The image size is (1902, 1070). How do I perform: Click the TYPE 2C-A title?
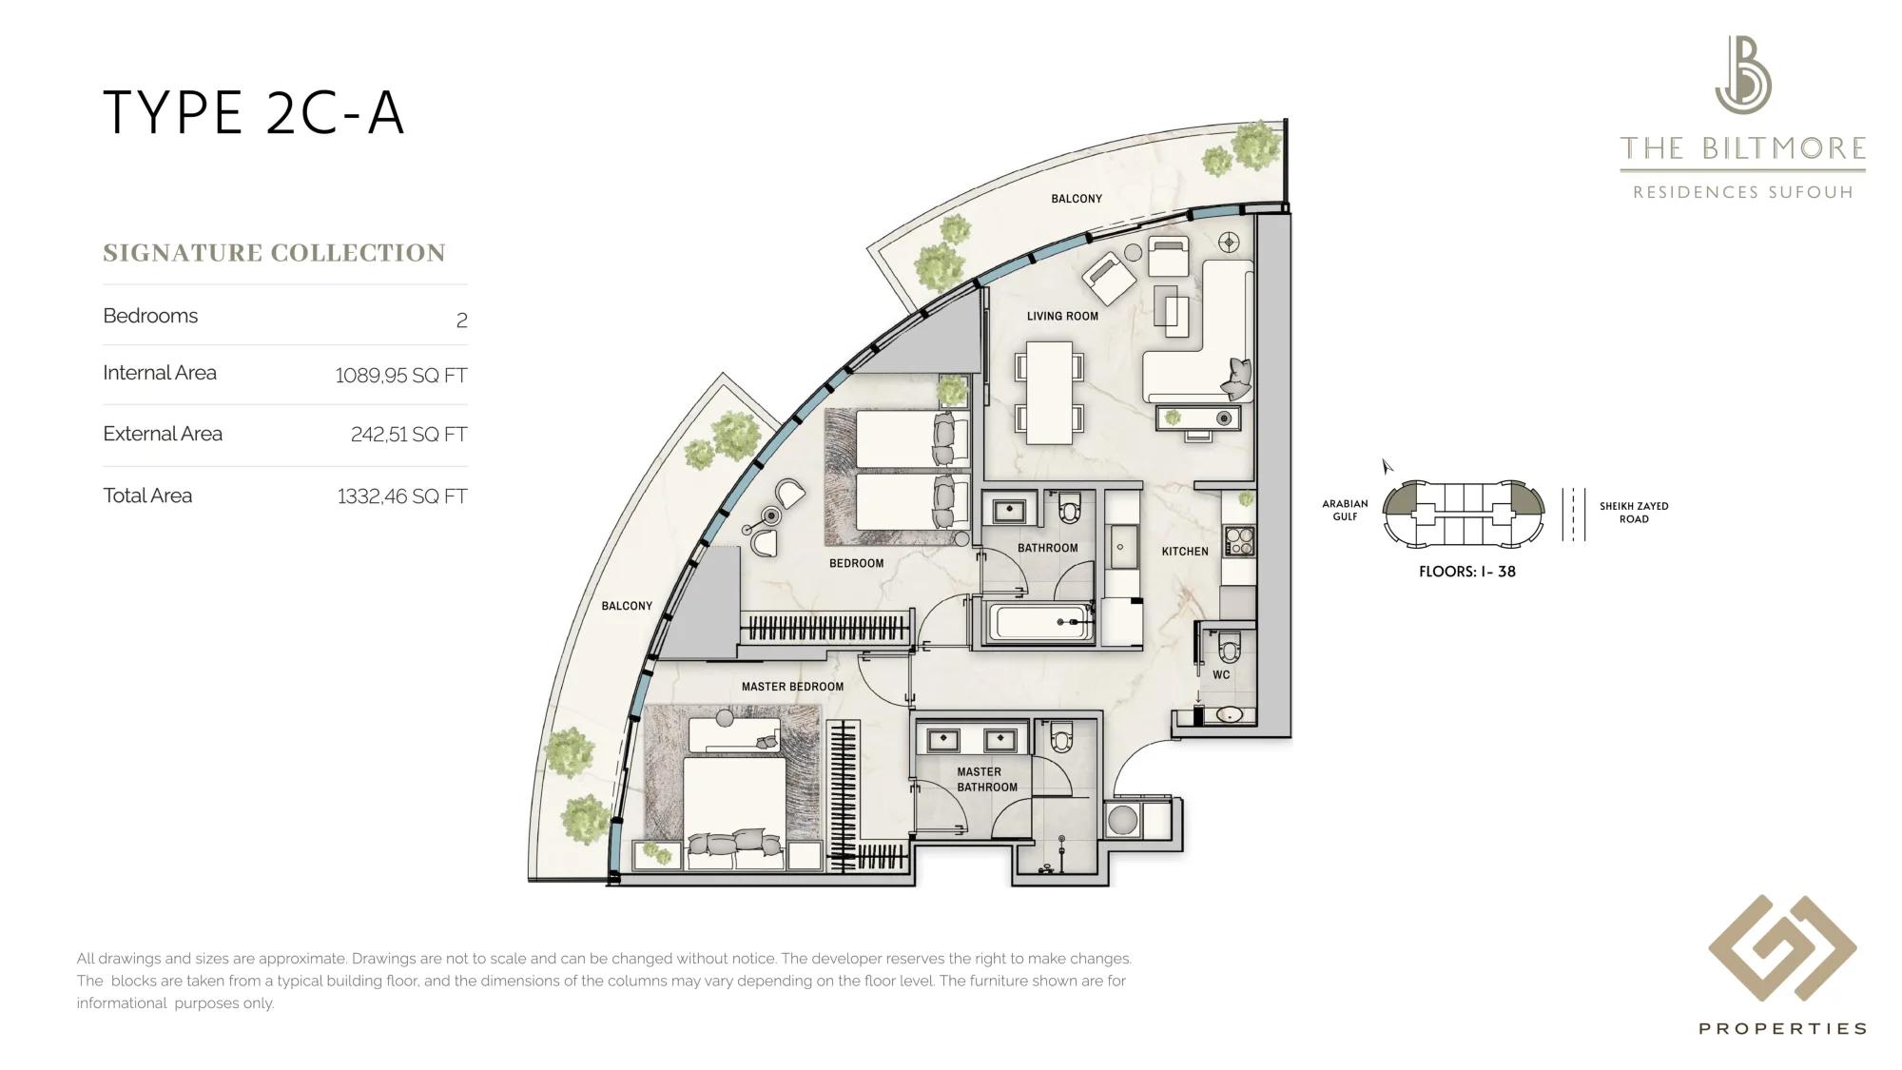pyautogui.click(x=253, y=113)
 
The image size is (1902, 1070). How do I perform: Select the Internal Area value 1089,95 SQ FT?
pyautogui.click(x=400, y=376)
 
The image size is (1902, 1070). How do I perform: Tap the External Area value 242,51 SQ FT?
pyautogui.click(x=409, y=435)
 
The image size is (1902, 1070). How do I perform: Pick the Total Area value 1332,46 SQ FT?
pyautogui.click(x=401, y=496)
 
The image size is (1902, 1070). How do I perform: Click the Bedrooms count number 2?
pyautogui.click(x=462, y=321)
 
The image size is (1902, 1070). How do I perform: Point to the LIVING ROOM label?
pyautogui.click(x=1062, y=317)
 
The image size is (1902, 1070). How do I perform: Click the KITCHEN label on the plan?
pyautogui.click(x=1185, y=552)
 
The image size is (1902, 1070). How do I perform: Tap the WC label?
pyautogui.click(x=1221, y=675)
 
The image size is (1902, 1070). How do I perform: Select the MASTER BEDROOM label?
pyautogui.click(x=792, y=687)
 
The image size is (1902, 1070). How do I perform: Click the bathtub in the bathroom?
pyautogui.click(x=1040, y=623)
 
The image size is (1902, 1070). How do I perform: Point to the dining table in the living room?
pyautogui.click(x=1050, y=393)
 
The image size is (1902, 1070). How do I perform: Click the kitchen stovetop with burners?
pyautogui.click(x=1239, y=541)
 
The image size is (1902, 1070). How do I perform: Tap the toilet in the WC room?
pyautogui.click(x=1229, y=648)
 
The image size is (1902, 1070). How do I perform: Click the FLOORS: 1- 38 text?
pyautogui.click(x=1467, y=572)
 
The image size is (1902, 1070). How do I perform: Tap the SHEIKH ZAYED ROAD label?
pyautogui.click(x=1634, y=513)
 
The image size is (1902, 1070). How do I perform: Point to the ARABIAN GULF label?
pyautogui.click(x=1345, y=510)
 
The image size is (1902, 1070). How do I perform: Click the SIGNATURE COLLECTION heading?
pyautogui.click(x=274, y=253)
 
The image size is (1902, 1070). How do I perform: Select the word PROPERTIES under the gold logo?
pyautogui.click(x=1783, y=1029)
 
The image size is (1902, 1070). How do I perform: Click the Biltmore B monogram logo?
pyautogui.click(x=1743, y=75)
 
